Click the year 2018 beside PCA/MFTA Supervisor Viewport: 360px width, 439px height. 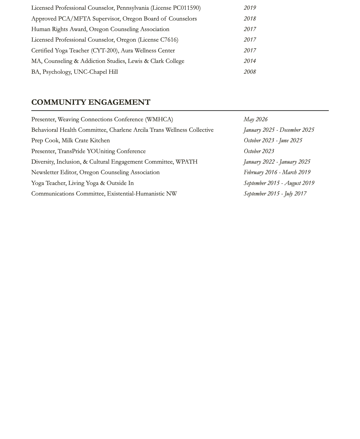click(x=250, y=19)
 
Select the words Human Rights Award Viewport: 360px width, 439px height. click(x=58, y=29)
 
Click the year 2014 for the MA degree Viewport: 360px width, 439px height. click(x=250, y=61)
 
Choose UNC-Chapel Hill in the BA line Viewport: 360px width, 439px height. click(x=96, y=72)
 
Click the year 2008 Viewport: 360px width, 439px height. click(x=250, y=72)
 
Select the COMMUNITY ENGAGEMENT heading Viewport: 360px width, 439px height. click(x=91, y=102)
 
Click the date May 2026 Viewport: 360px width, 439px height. click(x=256, y=119)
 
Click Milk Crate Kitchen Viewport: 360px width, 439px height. click(x=86, y=140)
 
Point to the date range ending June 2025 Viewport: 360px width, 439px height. click(x=273, y=140)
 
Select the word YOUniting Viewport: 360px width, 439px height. click(x=101, y=151)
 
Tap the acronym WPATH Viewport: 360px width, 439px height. click(x=186, y=162)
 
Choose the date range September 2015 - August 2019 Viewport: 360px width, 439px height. click(x=279, y=183)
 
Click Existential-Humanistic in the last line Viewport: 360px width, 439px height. click(x=135, y=194)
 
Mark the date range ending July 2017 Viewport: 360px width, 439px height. click(x=275, y=194)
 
